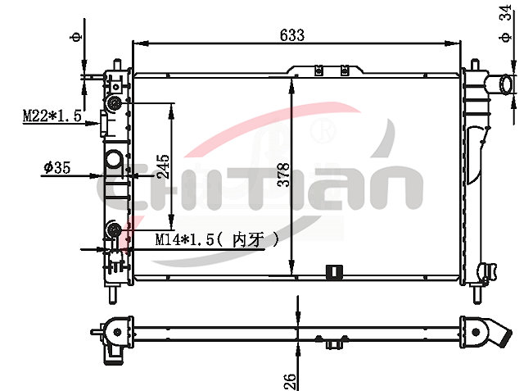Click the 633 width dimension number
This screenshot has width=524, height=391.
(x=291, y=34)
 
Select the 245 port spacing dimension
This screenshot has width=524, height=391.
(x=163, y=166)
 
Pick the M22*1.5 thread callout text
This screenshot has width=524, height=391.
(x=52, y=116)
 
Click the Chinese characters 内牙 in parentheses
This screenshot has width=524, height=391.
(x=251, y=239)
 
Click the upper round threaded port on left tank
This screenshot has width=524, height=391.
(x=115, y=103)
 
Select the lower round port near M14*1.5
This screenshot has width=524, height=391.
(x=115, y=229)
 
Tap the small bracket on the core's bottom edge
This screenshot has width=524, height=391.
(x=332, y=271)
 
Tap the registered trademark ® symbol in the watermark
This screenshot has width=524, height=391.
(x=324, y=130)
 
